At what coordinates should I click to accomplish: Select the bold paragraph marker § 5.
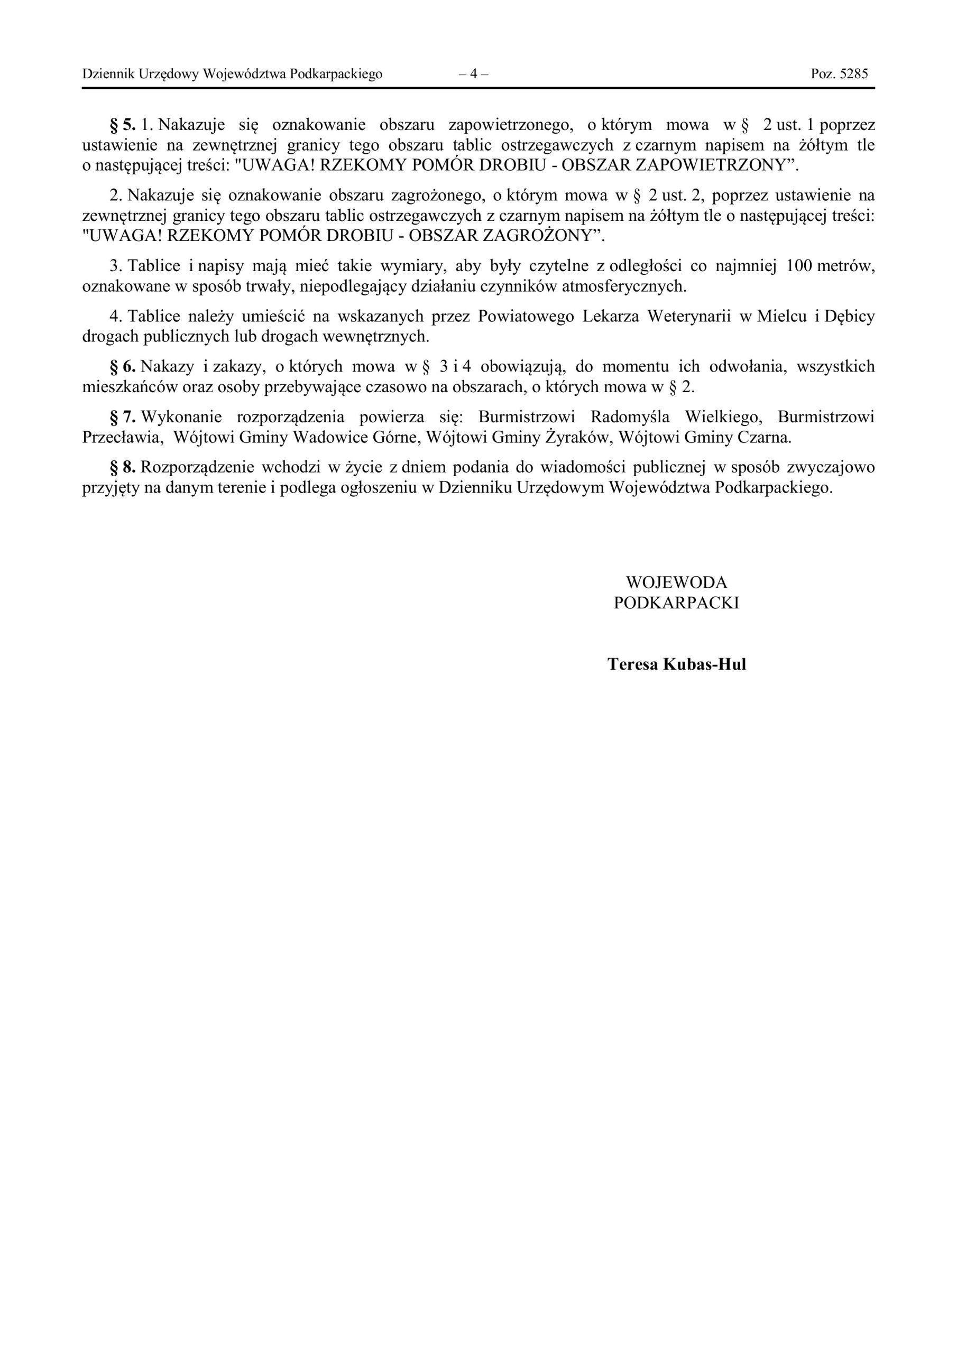[123, 125]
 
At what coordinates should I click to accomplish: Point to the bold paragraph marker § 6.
[123, 367]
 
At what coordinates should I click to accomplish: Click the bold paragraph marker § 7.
[123, 417]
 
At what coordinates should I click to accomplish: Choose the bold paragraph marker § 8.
[123, 467]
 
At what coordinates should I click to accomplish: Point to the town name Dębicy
[849, 317]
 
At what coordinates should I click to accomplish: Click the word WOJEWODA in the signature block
[676, 583]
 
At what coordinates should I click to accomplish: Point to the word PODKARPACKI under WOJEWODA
[676, 603]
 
